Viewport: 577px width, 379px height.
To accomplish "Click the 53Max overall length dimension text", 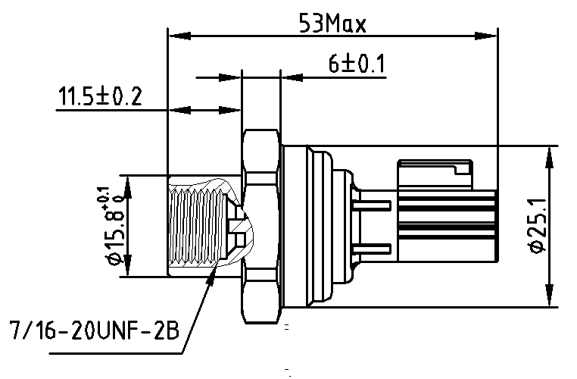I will click(x=332, y=24).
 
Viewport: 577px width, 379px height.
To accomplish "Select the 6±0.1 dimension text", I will click(x=357, y=65).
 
